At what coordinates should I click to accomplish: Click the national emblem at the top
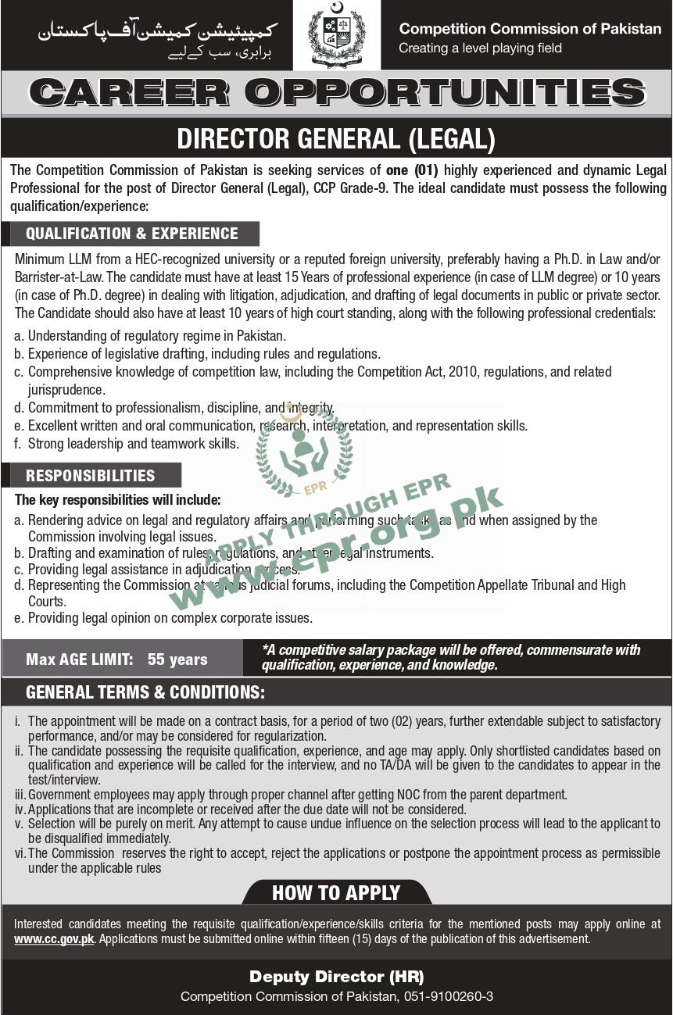tap(336, 34)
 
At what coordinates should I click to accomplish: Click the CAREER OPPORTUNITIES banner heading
tap(336, 93)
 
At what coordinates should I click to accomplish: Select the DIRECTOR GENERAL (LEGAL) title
tap(336, 139)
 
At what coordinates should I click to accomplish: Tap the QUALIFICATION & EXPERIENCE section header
tap(131, 234)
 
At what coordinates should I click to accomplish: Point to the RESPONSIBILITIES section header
tap(91, 475)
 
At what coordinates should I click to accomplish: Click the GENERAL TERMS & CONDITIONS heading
tap(145, 692)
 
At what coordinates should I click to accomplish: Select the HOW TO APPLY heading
tap(336, 892)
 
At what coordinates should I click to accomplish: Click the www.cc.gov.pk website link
tap(54, 939)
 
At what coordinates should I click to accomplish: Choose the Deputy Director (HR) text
tap(336, 977)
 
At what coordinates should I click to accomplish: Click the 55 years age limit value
tap(177, 659)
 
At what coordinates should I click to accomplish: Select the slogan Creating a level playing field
tap(480, 48)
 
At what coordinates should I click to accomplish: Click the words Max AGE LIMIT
tap(79, 659)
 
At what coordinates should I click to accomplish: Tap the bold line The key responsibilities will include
tap(118, 499)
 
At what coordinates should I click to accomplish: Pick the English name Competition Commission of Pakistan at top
tap(530, 29)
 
